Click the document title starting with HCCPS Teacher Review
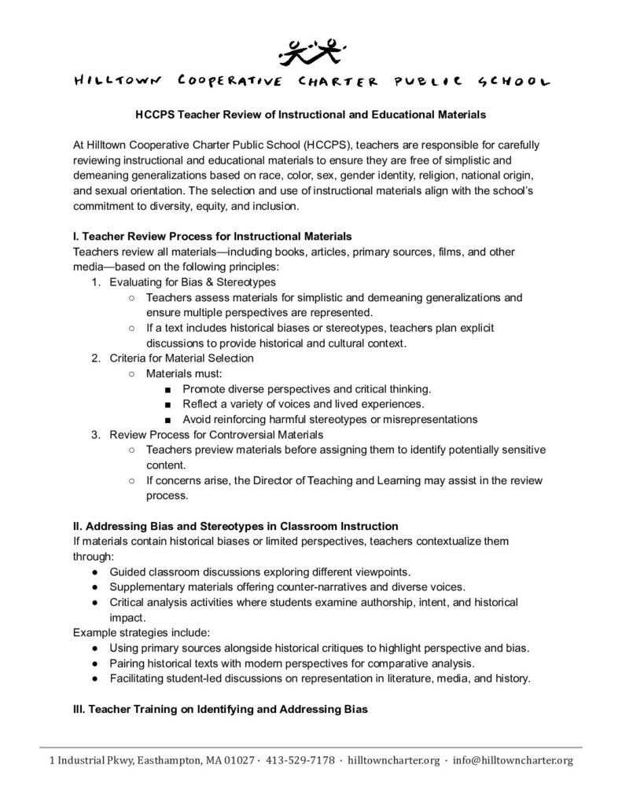click(x=311, y=114)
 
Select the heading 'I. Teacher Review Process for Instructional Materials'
click(x=212, y=236)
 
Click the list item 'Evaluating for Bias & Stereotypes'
click(x=193, y=281)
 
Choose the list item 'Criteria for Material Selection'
click(x=182, y=358)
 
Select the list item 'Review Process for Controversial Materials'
click(x=215, y=434)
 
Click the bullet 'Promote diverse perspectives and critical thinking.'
click(x=307, y=388)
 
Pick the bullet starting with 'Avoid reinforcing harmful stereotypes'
click(x=329, y=419)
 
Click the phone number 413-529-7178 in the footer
click(x=300, y=760)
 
